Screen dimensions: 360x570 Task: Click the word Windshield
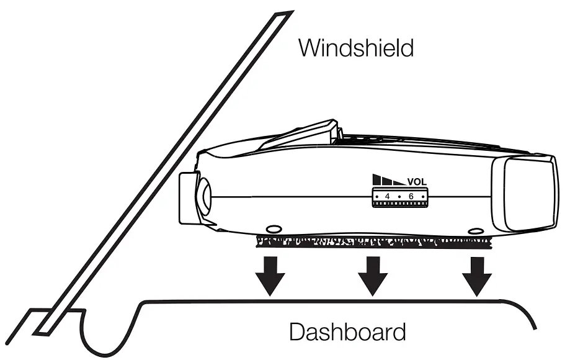pyautogui.click(x=355, y=48)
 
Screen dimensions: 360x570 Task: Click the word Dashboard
pyautogui.click(x=347, y=331)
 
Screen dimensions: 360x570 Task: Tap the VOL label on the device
pyautogui.click(x=417, y=182)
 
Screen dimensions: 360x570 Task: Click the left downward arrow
pyautogui.click(x=271, y=275)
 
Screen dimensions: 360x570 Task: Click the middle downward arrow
pyautogui.click(x=374, y=275)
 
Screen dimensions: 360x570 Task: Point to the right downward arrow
pyautogui.click(x=478, y=275)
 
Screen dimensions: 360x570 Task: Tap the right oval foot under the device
pyautogui.click(x=476, y=231)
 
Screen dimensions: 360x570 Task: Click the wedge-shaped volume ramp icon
pyautogui.click(x=388, y=181)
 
